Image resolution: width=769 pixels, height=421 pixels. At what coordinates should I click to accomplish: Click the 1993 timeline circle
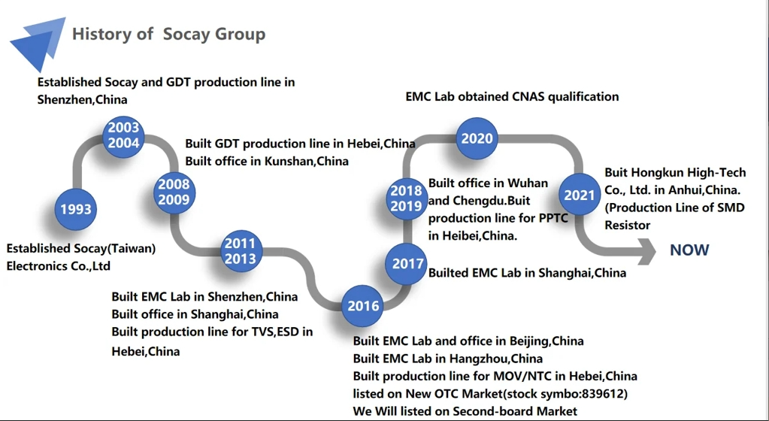pyautogui.click(x=75, y=209)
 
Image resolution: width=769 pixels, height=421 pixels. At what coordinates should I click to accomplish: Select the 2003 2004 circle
pyautogui.click(x=123, y=136)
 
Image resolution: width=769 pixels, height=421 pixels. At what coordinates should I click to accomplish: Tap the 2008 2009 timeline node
pyautogui.click(x=174, y=192)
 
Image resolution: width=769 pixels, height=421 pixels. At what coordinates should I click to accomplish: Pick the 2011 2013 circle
pyautogui.click(x=241, y=251)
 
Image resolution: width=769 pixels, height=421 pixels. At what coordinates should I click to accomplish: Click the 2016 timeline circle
pyautogui.click(x=363, y=306)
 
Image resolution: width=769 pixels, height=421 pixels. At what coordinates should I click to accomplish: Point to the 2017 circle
pyautogui.click(x=407, y=264)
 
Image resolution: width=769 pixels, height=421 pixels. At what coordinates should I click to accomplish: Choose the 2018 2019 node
pyautogui.click(x=406, y=198)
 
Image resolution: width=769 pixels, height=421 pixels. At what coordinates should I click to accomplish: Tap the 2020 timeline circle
pyautogui.click(x=477, y=138)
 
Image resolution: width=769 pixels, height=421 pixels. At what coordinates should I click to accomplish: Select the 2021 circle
pyautogui.click(x=580, y=195)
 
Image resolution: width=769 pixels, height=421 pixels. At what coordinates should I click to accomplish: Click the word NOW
pyautogui.click(x=689, y=250)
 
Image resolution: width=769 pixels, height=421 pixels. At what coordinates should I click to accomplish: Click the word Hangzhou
pyautogui.click(x=471, y=359)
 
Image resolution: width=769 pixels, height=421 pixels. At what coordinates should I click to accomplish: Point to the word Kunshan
pyautogui.click(x=289, y=161)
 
